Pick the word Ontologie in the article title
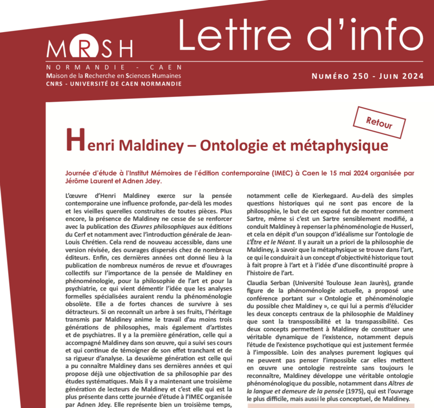[x=238, y=146]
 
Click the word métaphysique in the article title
[x=342, y=146]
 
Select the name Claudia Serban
[x=269, y=282]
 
